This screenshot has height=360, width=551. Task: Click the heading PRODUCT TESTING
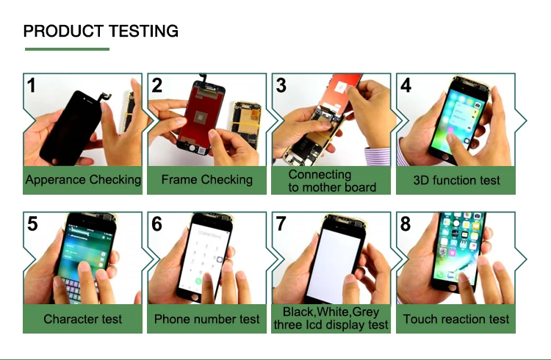click(x=101, y=31)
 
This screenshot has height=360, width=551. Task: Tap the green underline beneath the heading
click(x=67, y=49)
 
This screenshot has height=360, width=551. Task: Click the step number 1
click(x=32, y=85)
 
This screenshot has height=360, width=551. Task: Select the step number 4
click(x=406, y=85)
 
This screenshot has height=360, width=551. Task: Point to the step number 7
click(x=281, y=223)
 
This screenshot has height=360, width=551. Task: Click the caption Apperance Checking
click(x=83, y=180)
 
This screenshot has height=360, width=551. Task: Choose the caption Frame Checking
click(x=207, y=180)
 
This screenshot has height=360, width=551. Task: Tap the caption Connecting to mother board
click(x=332, y=181)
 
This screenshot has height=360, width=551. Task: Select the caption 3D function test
click(x=456, y=180)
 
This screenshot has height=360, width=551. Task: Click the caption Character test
click(x=82, y=319)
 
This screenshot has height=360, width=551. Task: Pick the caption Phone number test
click(x=206, y=319)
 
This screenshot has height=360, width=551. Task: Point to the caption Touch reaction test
click(x=456, y=319)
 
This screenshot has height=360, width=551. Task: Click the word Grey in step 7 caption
click(x=365, y=312)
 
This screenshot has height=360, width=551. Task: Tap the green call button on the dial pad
click(x=198, y=281)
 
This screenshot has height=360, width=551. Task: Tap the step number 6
click(x=156, y=224)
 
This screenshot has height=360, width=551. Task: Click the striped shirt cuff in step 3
click(x=377, y=156)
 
